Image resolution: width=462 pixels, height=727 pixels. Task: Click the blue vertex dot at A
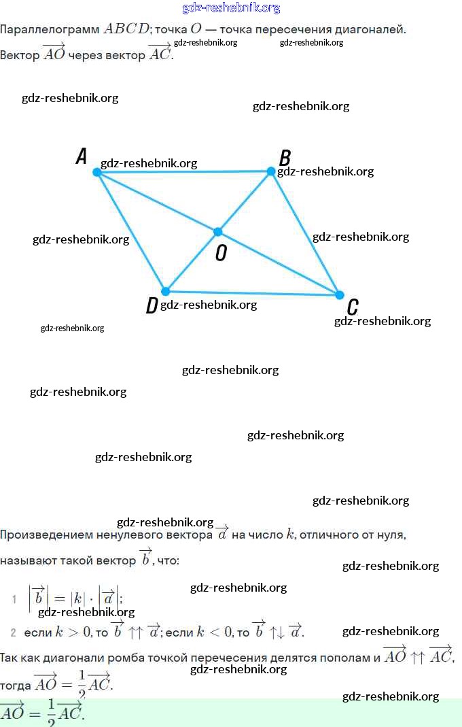pyautogui.click(x=97, y=173)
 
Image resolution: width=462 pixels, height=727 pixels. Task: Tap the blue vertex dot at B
pyautogui.click(x=271, y=171)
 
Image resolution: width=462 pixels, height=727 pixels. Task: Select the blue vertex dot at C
pyautogui.click(x=340, y=294)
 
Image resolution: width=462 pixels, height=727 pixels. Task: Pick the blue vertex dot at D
pyautogui.click(x=165, y=291)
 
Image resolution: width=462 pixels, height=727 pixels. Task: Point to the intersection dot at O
pyautogui.click(x=218, y=232)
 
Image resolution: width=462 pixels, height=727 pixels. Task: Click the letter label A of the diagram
pyautogui.click(x=82, y=157)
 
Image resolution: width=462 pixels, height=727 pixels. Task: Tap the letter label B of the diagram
pyautogui.click(x=285, y=158)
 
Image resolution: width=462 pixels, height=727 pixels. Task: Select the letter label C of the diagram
pyautogui.click(x=353, y=307)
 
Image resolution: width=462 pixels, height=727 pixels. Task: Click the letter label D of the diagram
pyautogui.click(x=152, y=305)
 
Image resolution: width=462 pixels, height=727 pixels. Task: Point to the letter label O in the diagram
pyautogui.click(x=221, y=253)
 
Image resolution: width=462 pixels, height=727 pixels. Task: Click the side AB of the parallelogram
pyautogui.click(x=183, y=172)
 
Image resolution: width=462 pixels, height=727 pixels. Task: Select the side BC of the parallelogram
pyautogui.click(x=306, y=233)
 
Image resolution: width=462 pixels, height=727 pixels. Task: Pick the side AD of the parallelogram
pyautogui.click(x=131, y=232)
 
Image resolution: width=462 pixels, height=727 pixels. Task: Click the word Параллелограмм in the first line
pyautogui.click(x=50, y=30)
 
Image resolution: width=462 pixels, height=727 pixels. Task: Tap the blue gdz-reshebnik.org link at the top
pyautogui.click(x=231, y=8)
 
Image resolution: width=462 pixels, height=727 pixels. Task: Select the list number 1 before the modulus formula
pyautogui.click(x=14, y=599)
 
